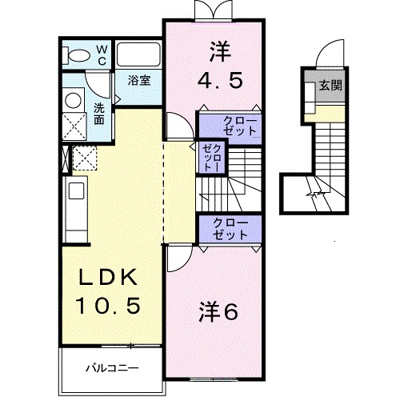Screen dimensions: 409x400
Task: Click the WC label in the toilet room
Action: [102, 54]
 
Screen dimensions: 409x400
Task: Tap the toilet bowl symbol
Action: [79, 55]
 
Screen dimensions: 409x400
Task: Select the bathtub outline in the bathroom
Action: [139, 54]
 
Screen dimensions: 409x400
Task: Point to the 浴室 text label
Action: [142, 80]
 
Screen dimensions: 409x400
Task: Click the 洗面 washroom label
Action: [98, 114]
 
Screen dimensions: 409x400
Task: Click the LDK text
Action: [110, 278]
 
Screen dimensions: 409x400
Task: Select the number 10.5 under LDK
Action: [110, 305]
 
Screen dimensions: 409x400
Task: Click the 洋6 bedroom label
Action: [218, 311]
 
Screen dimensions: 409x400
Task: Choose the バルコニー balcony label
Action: [112, 370]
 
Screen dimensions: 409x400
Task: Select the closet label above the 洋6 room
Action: [230, 230]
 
